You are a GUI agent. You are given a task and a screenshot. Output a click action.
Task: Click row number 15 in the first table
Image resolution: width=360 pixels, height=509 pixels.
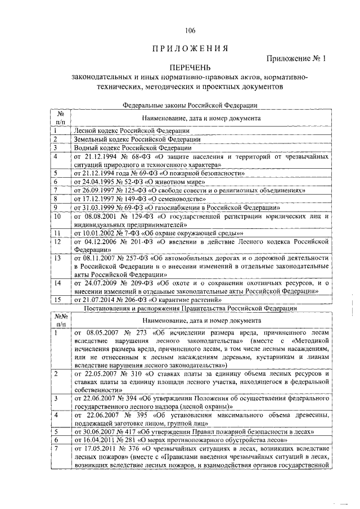57,300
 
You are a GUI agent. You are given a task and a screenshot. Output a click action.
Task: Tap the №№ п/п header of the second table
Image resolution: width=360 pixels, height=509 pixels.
61,321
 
